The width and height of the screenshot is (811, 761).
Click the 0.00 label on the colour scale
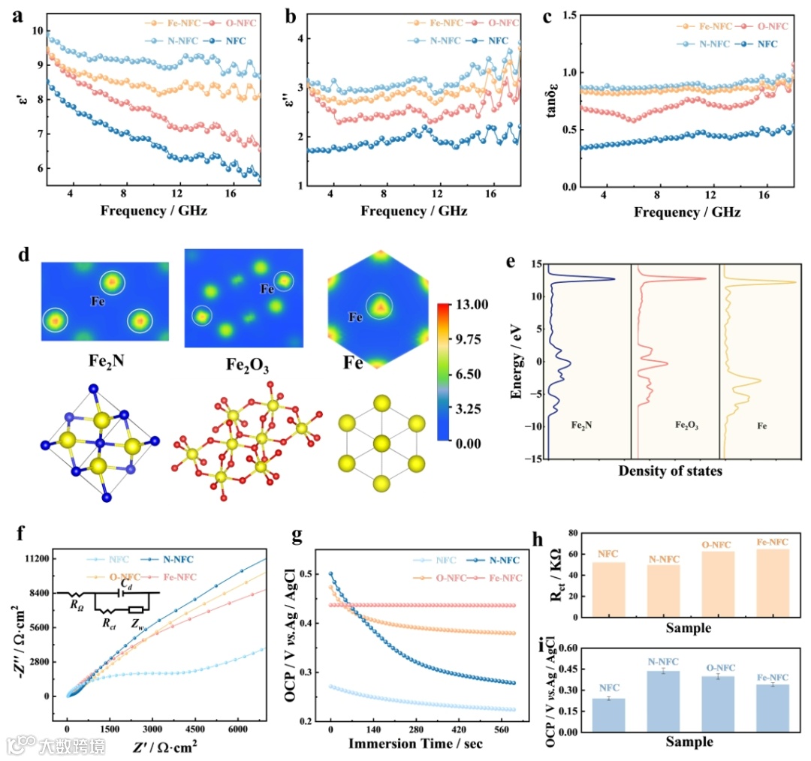point(473,443)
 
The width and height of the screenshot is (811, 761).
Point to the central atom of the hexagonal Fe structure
point(381,443)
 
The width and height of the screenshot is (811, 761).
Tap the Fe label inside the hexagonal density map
point(356,317)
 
